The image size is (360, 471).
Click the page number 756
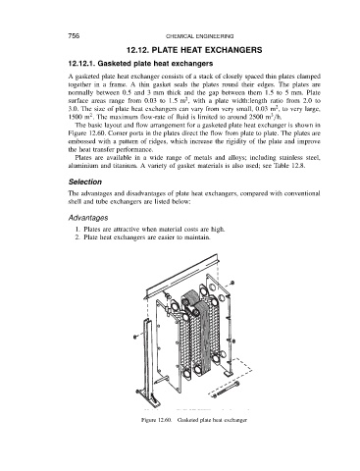click(x=74, y=36)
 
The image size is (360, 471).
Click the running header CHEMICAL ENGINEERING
click(x=199, y=36)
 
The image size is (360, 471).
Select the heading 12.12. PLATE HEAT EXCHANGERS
click(x=194, y=50)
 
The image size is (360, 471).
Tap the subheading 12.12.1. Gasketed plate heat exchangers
click(x=140, y=63)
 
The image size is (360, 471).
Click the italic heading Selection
click(x=85, y=182)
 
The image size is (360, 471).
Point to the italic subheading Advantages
click(x=88, y=218)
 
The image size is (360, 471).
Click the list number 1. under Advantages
click(x=77, y=229)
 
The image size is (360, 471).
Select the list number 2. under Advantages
click(x=77, y=237)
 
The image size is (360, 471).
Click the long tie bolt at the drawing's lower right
click(x=226, y=390)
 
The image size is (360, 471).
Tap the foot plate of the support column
click(x=149, y=396)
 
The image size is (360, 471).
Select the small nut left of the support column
click(x=135, y=337)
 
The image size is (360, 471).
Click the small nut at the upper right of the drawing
click(x=232, y=283)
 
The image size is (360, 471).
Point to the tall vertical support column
click(x=147, y=360)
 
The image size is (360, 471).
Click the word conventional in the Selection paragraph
click(x=302, y=193)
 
